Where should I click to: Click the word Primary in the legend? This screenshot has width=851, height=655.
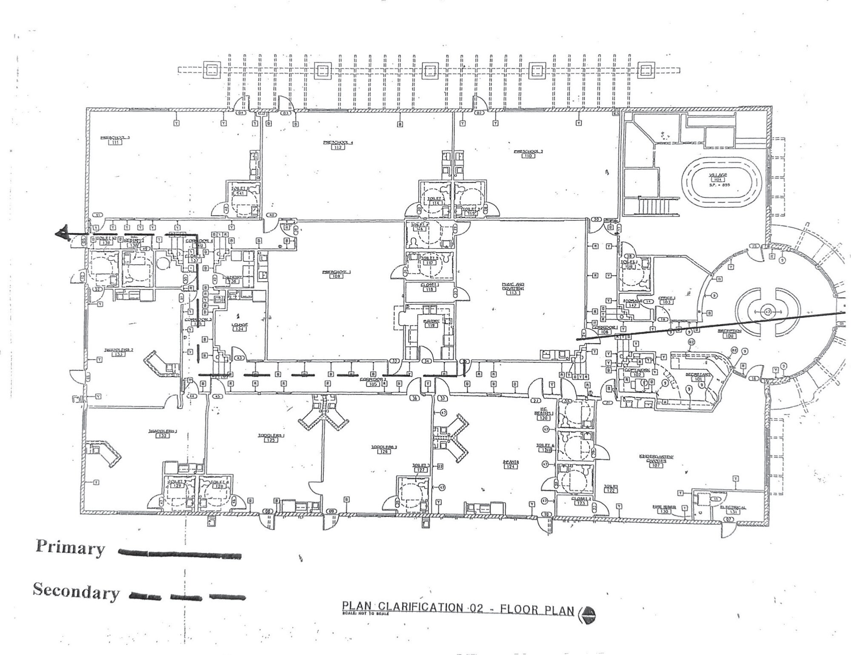70,548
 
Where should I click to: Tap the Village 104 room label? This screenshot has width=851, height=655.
718,177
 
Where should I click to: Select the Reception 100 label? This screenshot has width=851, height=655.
729,333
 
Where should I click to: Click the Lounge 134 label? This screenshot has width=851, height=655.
239,327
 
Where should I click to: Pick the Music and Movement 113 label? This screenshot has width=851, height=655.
513,288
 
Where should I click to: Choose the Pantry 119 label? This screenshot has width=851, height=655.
431,322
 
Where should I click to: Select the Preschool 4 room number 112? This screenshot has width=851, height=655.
338,148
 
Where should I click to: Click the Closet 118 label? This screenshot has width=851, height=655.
429,287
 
